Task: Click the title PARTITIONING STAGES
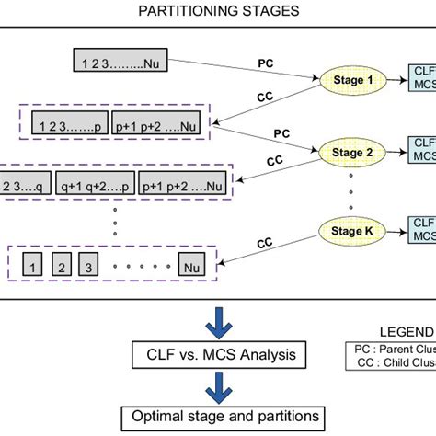click(x=219, y=12)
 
